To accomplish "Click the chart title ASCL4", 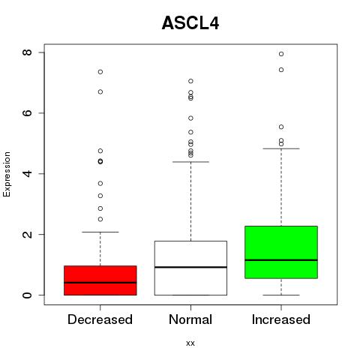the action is click(x=190, y=23).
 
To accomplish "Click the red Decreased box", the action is click(x=100, y=280).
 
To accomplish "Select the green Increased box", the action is click(x=281, y=252).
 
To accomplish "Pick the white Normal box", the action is click(x=190, y=268).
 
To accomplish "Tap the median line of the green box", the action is click(x=281, y=260).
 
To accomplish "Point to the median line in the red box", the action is click(x=100, y=283).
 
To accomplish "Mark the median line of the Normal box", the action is click(x=190, y=267).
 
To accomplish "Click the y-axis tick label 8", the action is click(x=27, y=52).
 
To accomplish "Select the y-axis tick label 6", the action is click(x=27, y=112).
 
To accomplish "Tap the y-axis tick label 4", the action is click(x=27, y=173).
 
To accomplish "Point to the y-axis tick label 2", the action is click(x=27, y=234).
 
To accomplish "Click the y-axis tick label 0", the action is click(x=27, y=295).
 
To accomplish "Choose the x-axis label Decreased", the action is click(x=100, y=319).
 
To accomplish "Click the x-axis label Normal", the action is click(x=190, y=319).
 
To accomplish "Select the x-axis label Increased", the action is click(x=281, y=319).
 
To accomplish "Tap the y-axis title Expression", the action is click(x=7, y=174).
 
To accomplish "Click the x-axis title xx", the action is click(x=190, y=343).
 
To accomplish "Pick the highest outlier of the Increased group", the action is click(x=281, y=54).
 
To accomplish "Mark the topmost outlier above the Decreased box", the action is click(x=100, y=72).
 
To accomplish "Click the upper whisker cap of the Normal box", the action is click(x=190, y=162).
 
